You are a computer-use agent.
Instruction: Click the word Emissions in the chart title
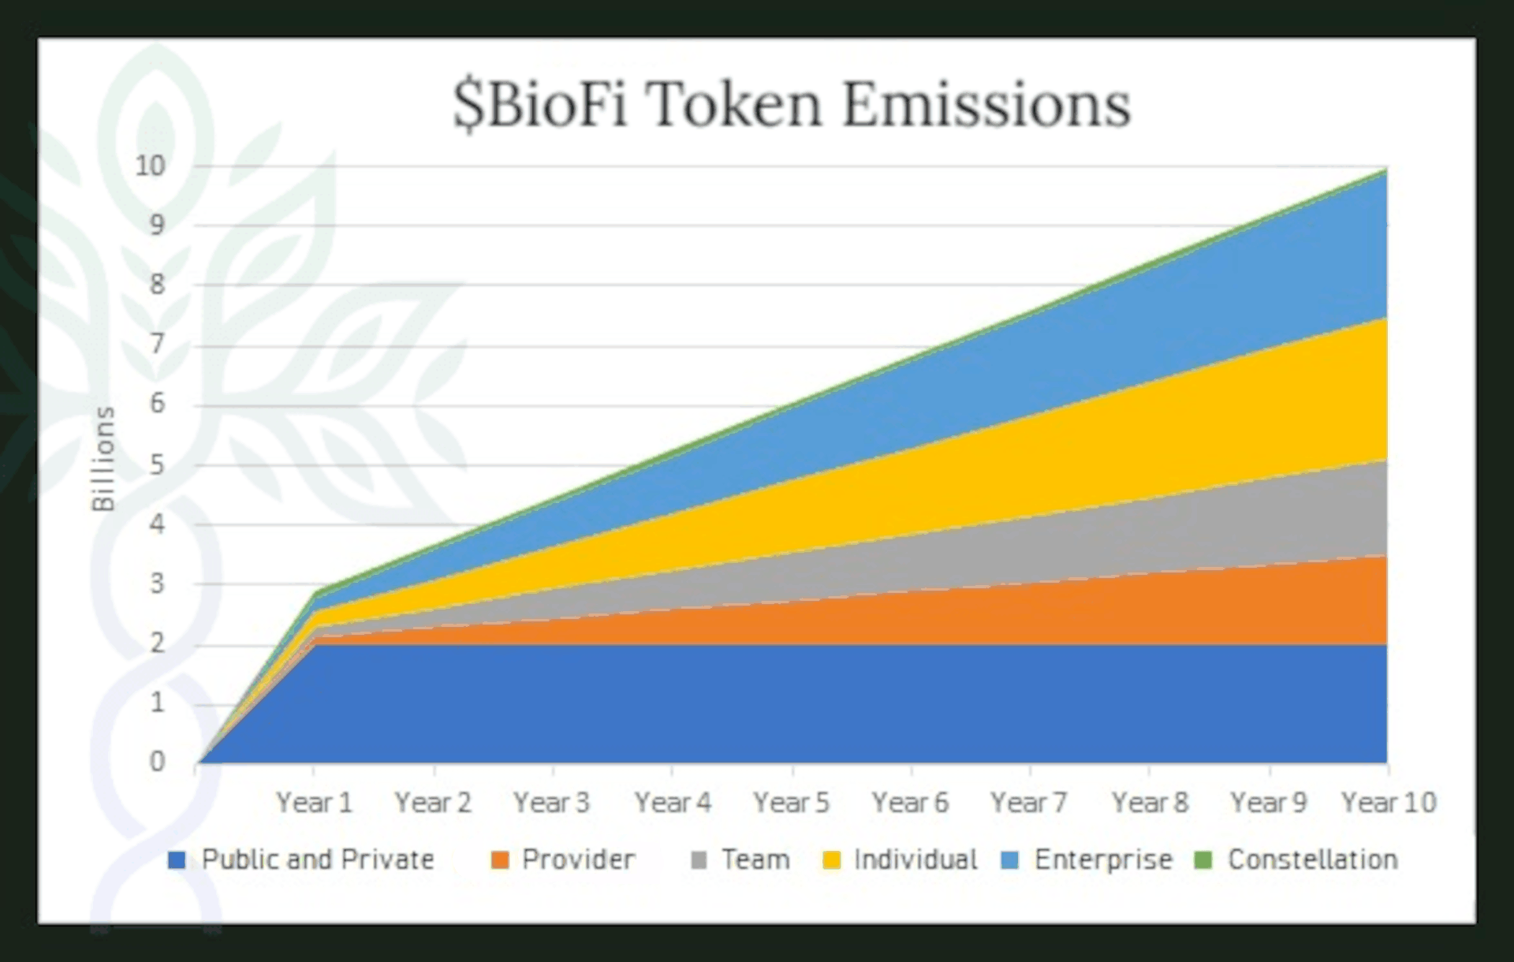click(986, 105)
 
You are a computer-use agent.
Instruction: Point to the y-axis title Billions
click(103, 458)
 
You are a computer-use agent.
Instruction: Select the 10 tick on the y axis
click(151, 166)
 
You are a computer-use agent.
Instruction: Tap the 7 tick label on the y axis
click(157, 345)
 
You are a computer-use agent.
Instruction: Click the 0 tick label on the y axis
click(157, 762)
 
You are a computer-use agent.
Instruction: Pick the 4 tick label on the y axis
click(157, 524)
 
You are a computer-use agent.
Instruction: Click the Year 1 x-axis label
click(314, 803)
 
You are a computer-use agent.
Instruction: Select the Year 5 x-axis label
click(791, 803)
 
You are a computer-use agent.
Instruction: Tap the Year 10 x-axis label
click(1389, 803)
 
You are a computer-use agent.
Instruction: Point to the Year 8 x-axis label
click(1149, 803)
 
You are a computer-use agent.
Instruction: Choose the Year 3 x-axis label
click(551, 803)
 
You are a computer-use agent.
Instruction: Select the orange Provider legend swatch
click(500, 860)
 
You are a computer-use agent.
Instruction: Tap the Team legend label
click(755, 859)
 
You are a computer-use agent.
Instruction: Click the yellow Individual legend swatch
click(831, 860)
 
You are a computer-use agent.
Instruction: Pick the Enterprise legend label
click(1103, 859)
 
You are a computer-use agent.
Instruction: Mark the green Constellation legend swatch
click(1203, 860)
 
